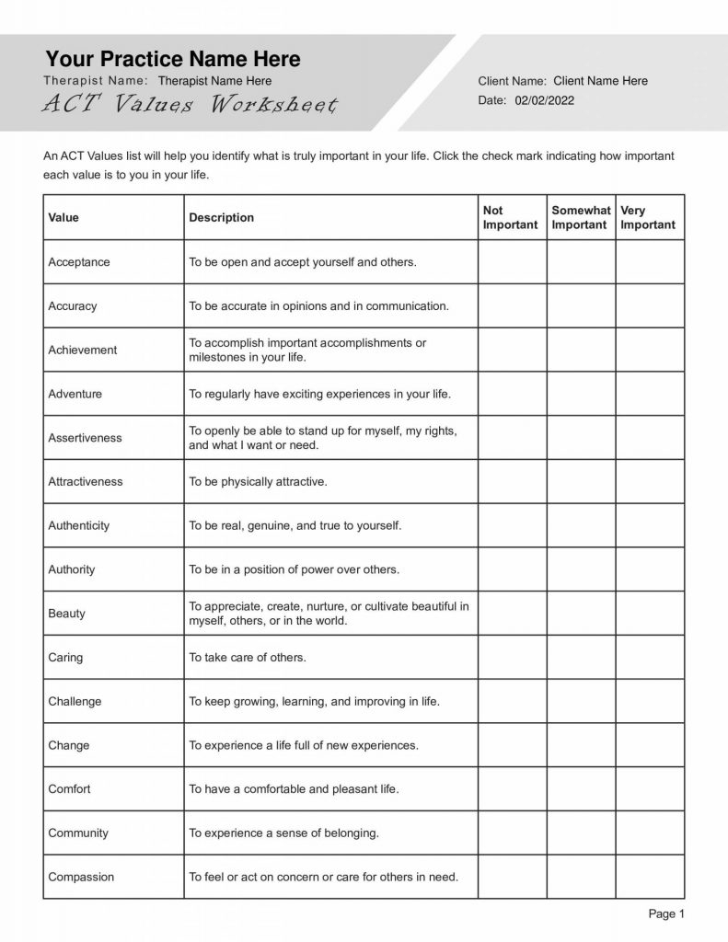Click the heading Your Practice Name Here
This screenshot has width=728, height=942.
pyautogui.click(x=173, y=60)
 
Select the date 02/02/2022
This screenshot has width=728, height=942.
pyautogui.click(x=544, y=100)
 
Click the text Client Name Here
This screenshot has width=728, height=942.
pyautogui.click(x=600, y=81)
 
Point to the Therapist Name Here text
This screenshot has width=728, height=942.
pyautogui.click(x=214, y=81)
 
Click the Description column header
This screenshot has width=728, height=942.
pyautogui.click(x=221, y=218)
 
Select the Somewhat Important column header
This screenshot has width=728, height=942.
pyautogui.click(x=581, y=218)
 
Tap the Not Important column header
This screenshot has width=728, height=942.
pyautogui.click(x=511, y=218)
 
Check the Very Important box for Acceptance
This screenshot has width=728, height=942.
pyautogui.click(x=650, y=262)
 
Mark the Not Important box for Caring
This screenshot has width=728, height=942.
pyautogui.click(x=512, y=658)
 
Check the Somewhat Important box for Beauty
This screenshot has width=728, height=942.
pyautogui.click(x=581, y=614)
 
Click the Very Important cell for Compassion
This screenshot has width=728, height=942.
pyautogui.click(x=650, y=877)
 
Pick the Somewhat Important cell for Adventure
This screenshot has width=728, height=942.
pyautogui.click(x=581, y=394)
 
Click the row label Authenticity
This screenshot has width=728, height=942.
pyautogui.click(x=78, y=526)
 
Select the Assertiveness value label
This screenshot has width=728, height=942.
pyautogui.click(x=85, y=438)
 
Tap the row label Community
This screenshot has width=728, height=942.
pyautogui.click(x=78, y=833)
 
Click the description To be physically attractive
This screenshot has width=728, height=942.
pyautogui.click(x=258, y=482)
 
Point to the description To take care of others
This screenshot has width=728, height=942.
pyautogui.click(x=248, y=658)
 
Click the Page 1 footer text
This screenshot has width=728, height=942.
pyautogui.click(x=666, y=914)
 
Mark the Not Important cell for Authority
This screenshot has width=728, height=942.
pyautogui.click(x=512, y=569)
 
